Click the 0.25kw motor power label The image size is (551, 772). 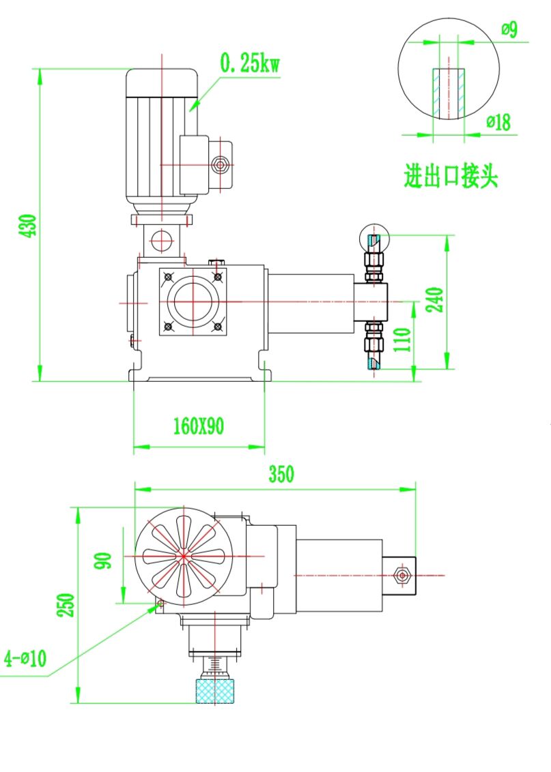249,65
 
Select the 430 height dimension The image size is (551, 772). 29,225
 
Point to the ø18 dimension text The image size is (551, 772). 498,122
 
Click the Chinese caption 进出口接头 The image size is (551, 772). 451,177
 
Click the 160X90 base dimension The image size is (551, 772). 198,427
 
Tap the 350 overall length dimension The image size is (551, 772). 281,474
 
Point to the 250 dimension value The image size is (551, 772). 66,605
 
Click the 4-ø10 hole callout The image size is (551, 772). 25,659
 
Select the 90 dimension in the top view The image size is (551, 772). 104,561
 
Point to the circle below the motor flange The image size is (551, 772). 161,240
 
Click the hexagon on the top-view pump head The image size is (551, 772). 402,576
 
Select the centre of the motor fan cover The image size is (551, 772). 183,556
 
